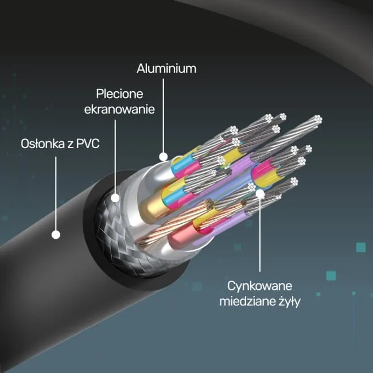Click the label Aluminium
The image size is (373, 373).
pos(166,68)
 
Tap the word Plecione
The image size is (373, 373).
pos(119,94)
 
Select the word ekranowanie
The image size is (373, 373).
pos(119,110)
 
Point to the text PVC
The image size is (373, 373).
pos(88,143)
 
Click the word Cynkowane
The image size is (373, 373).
pos(259,286)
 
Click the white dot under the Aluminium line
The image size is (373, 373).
pos(163,157)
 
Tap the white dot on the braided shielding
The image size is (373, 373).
pos(115,198)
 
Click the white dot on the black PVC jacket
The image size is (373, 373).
pos(56,235)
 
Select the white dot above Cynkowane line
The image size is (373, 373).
pos(260,194)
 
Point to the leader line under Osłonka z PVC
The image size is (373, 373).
pos(56,193)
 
